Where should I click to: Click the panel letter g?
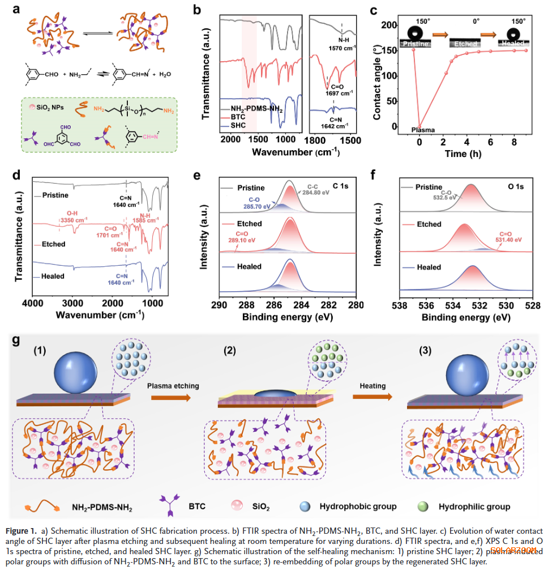[x=16, y=341]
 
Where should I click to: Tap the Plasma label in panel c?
[x=423, y=130]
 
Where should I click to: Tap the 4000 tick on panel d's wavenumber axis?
[x=32, y=303]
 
